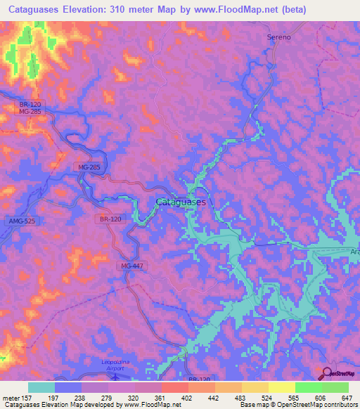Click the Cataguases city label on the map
click(x=180, y=202)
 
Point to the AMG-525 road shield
click(x=22, y=221)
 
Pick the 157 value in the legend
click(x=27, y=398)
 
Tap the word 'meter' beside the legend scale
click(x=9, y=398)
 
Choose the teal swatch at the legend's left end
click(x=41, y=387)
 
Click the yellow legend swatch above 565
click(x=281, y=387)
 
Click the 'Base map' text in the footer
click(x=252, y=405)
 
